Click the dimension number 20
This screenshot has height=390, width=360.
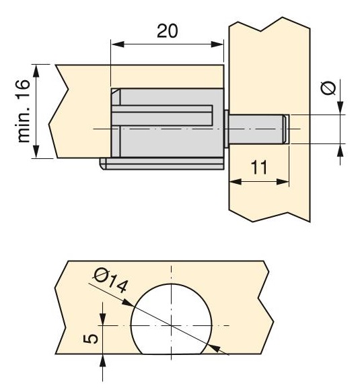pyautogui.click(x=168, y=31)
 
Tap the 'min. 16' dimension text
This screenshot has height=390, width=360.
pyautogui.click(x=24, y=111)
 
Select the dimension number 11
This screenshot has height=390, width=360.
pyautogui.click(x=259, y=168)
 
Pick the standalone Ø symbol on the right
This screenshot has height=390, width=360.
pyautogui.click(x=328, y=88)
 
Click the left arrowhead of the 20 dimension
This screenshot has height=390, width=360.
pyautogui.click(x=118, y=44)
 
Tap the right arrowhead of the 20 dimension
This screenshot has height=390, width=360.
pyautogui.click(x=217, y=44)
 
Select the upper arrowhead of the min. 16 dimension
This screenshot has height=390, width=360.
pyautogui.click(x=36, y=71)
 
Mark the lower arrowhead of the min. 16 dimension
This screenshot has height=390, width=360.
pyautogui.click(x=36, y=152)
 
